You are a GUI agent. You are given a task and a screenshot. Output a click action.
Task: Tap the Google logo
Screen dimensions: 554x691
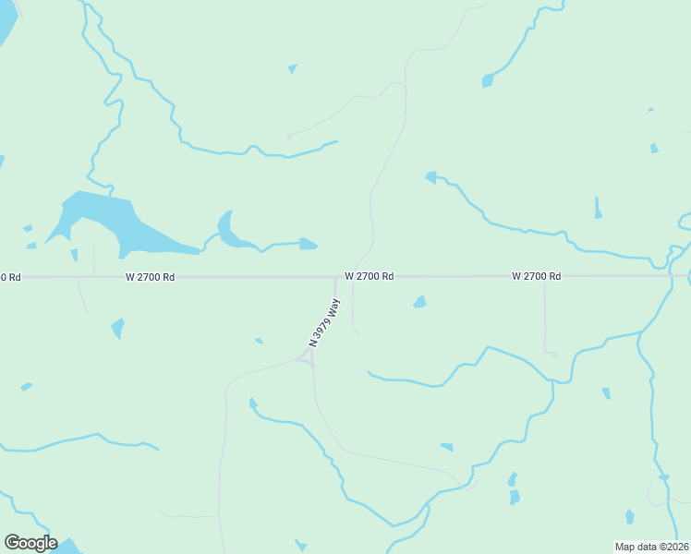[x=30, y=543]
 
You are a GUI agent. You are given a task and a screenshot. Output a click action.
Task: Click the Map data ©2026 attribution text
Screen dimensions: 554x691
[x=651, y=547]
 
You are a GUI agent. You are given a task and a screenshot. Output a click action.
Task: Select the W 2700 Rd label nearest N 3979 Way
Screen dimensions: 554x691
[x=370, y=276]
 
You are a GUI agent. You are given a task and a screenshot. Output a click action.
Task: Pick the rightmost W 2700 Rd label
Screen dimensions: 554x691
[x=537, y=276]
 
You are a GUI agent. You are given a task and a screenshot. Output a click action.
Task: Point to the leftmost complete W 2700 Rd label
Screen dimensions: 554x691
[x=151, y=277]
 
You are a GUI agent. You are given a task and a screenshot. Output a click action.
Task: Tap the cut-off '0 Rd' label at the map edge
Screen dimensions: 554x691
[x=9, y=277]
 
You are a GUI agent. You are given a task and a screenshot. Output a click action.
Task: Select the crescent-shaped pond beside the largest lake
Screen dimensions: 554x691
[x=227, y=230]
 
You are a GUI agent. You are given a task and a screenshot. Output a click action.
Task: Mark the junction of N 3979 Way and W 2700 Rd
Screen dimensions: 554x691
[x=335, y=276]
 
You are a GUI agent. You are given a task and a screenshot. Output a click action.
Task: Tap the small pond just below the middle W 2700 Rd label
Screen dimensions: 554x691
[x=419, y=302]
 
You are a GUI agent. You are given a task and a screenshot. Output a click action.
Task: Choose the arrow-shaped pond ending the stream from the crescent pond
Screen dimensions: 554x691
[x=309, y=244]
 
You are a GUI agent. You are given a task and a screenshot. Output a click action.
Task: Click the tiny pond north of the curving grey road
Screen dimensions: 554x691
[x=293, y=68]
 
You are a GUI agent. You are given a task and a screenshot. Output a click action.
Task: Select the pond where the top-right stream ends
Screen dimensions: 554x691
[x=487, y=81]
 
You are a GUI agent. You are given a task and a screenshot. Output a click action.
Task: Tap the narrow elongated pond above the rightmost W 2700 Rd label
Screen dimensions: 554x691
[x=598, y=209]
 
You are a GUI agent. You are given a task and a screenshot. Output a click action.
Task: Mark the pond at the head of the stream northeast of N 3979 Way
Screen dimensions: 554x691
[x=430, y=176]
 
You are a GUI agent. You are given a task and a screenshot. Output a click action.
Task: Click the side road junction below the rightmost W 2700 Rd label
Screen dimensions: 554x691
[x=544, y=277]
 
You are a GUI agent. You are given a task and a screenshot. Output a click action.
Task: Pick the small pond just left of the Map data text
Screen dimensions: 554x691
[x=629, y=516]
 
